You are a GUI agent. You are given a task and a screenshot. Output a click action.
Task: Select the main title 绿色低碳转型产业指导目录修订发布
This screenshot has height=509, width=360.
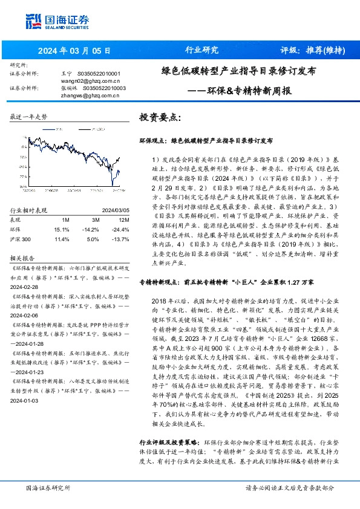point(238,71)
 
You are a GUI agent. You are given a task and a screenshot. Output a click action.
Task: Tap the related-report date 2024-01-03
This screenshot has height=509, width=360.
point(25,400)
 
